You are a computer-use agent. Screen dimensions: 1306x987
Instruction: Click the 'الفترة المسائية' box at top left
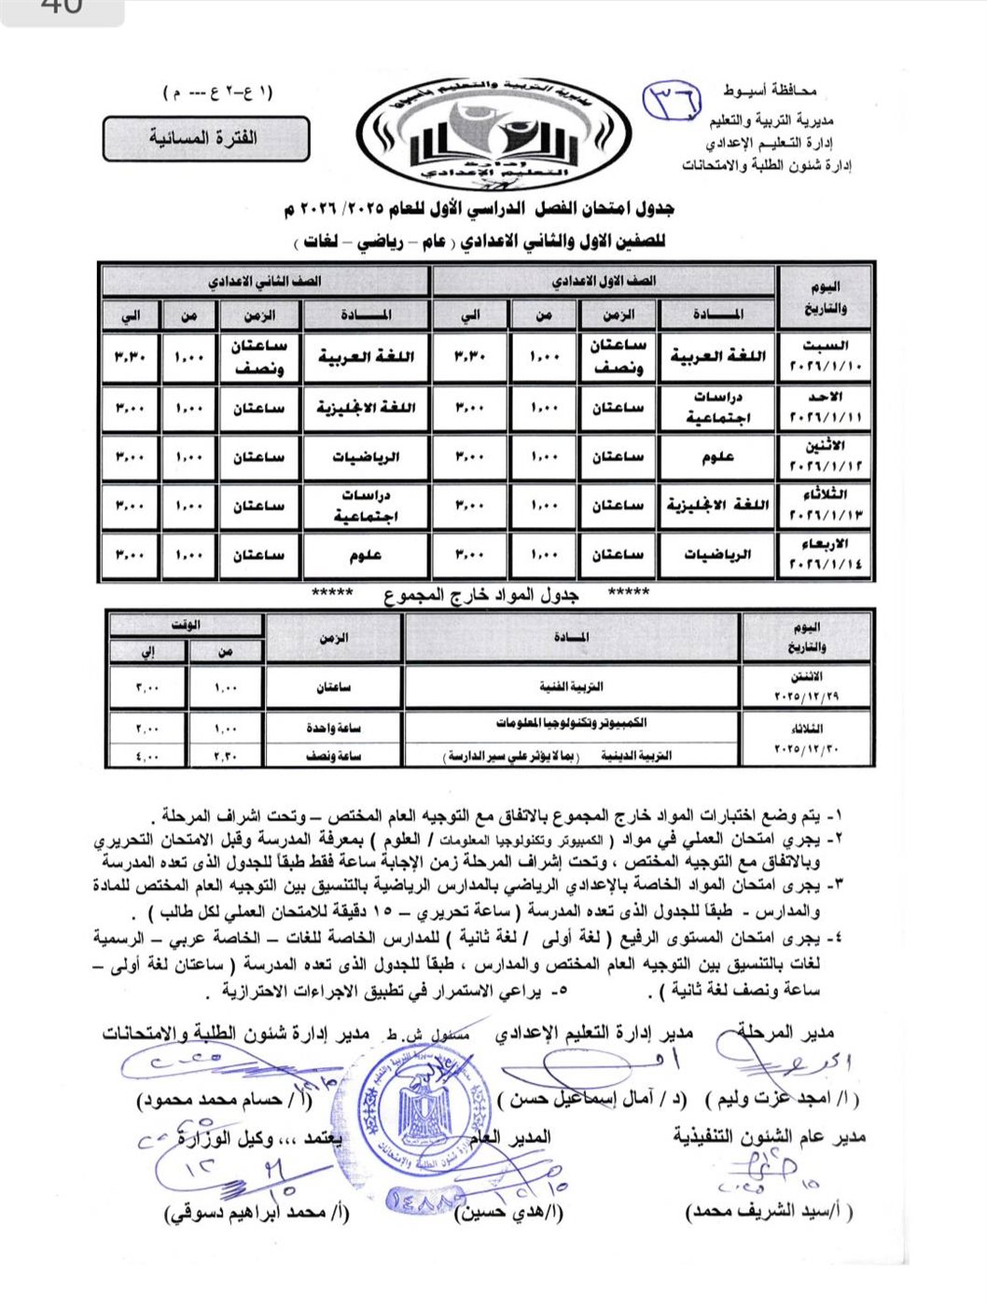(x=205, y=138)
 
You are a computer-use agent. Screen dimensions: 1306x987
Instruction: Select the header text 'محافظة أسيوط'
(x=770, y=90)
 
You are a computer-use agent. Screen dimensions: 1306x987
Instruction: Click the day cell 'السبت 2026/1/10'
(x=825, y=356)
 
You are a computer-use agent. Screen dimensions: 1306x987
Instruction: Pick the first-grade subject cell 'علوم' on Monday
(x=717, y=457)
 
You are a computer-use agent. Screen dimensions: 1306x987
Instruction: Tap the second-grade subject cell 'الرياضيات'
(x=366, y=457)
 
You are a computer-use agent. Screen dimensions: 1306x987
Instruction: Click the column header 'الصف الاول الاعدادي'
(x=603, y=281)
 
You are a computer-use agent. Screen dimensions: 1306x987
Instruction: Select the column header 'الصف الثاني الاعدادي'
(x=265, y=281)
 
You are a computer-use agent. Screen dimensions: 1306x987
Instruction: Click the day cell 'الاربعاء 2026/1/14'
(x=825, y=554)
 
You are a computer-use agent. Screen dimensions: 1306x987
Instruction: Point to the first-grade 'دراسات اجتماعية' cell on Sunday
(x=717, y=408)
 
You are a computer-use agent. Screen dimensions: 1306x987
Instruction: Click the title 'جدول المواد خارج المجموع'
(x=481, y=595)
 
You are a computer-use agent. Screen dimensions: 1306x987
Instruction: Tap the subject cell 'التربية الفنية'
(x=571, y=687)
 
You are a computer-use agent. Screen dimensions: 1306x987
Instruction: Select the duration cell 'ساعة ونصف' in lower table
(x=333, y=756)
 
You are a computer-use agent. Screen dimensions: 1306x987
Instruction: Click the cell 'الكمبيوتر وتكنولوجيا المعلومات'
(x=571, y=723)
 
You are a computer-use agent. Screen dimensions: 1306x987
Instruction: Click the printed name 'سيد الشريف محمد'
(x=769, y=1211)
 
